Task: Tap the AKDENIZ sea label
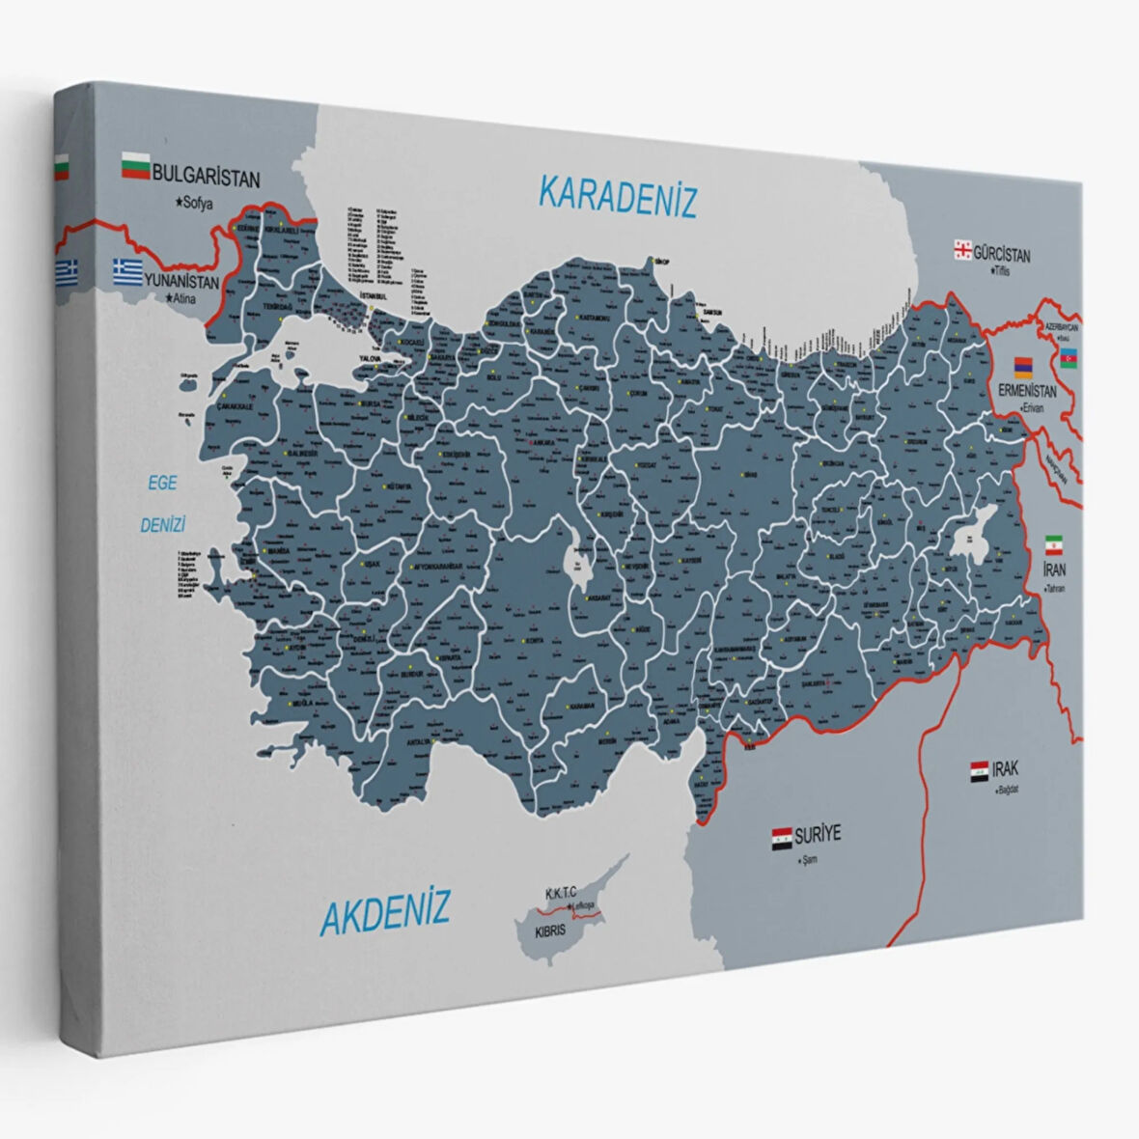click(x=384, y=909)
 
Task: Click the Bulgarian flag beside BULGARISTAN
click(x=135, y=168)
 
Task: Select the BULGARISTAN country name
click(x=207, y=179)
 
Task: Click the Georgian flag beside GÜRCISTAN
click(x=961, y=250)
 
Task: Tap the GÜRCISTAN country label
click(x=1001, y=255)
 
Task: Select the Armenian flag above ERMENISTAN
click(x=1022, y=367)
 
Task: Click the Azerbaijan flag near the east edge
click(x=1070, y=359)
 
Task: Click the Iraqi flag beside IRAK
click(x=979, y=772)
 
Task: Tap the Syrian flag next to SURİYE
click(x=781, y=837)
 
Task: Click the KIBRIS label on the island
click(x=552, y=933)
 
